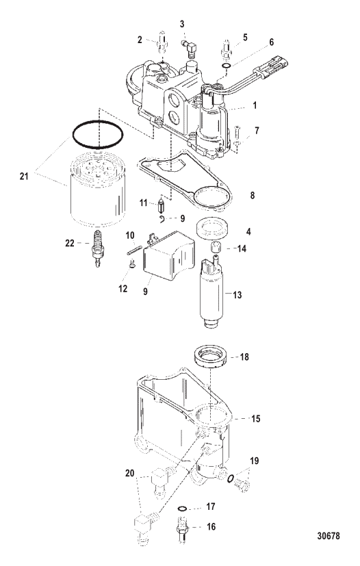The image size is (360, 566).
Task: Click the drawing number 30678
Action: click(x=329, y=536)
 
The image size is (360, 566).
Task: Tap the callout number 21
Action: click(x=24, y=177)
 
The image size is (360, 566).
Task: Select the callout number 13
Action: click(x=237, y=295)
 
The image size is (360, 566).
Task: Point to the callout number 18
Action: click(x=244, y=357)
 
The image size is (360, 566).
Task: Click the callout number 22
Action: click(x=70, y=243)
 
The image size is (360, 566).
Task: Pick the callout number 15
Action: click(x=256, y=419)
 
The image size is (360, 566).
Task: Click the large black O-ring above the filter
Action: click(x=98, y=134)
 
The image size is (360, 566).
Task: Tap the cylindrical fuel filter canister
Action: click(x=98, y=189)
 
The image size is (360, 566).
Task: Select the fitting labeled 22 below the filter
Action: click(x=97, y=248)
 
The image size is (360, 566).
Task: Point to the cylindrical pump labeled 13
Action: click(x=212, y=292)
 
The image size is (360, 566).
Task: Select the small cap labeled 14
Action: click(x=216, y=248)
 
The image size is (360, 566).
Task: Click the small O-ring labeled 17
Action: click(x=182, y=509)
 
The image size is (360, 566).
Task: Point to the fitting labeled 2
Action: click(x=162, y=43)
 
